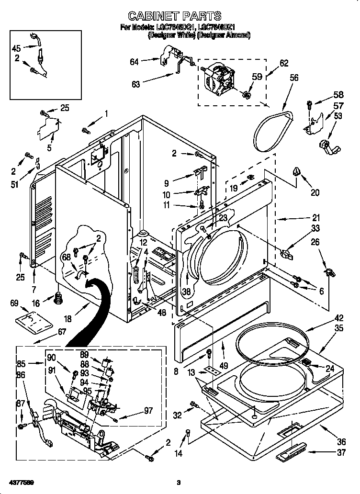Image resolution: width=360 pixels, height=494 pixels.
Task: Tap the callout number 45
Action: (x=16, y=48)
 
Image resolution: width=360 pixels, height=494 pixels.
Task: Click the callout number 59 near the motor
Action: (x=258, y=76)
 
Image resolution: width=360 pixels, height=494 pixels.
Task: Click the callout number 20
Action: (x=315, y=193)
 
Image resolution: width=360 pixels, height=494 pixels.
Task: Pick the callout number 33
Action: (x=315, y=229)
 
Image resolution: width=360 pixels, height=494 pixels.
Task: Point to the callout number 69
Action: (x=14, y=303)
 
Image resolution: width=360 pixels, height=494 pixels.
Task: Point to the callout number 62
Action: (x=284, y=63)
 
